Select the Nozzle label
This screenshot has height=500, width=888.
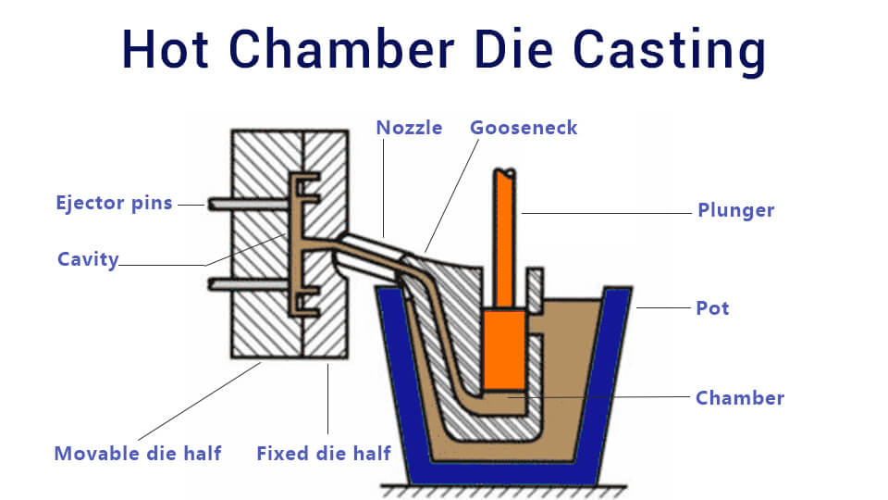point(409,127)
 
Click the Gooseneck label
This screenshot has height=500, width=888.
point(523,127)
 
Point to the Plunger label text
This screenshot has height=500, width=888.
point(735,210)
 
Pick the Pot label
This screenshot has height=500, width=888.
point(712,307)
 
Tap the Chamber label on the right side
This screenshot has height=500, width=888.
point(739,398)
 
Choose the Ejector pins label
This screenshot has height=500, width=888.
point(114,203)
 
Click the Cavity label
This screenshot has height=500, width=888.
point(88,259)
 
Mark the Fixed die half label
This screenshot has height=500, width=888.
point(324,454)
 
